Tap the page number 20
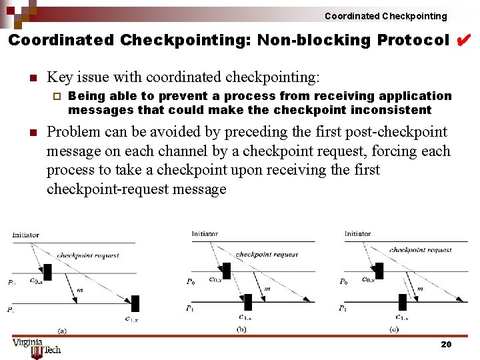tap(446, 344)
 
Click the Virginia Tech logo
tap(37, 347)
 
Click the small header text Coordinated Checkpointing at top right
tap(385, 16)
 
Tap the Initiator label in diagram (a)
tap(25, 235)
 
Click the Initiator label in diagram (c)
tap(358, 234)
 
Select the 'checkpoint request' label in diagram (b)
tap(267, 254)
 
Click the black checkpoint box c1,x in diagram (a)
tap(135, 303)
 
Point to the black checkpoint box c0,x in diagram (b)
tap(226, 271)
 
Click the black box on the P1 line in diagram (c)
tap(402, 302)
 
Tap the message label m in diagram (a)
tap(80, 290)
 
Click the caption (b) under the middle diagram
tap(241, 329)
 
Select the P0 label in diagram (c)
tap(343, 281)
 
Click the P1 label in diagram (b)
tap(191, 308)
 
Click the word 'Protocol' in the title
tap(413, 40)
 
